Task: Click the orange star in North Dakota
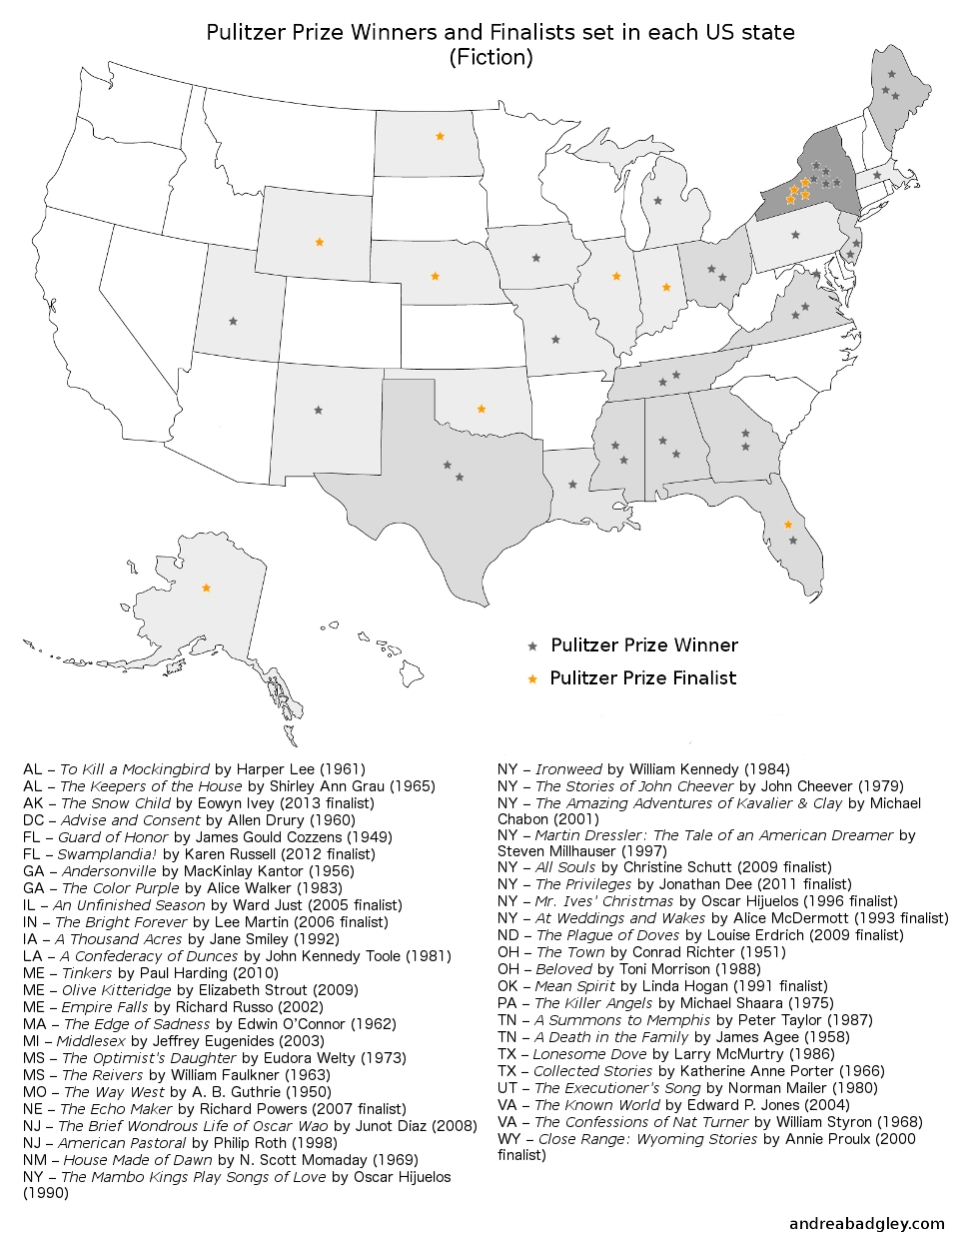point(440,136)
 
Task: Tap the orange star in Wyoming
point(320,242)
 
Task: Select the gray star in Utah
point(233,322)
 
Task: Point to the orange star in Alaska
point(207,589)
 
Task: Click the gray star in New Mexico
point(319,410)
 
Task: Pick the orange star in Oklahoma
point(482,409)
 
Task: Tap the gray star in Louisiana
point(572,485)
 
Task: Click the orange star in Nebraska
point(435,276)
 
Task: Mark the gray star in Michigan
point(657,201)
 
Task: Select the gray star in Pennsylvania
point(795,236)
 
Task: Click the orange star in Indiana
point(666,288)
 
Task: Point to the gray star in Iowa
point(536,258)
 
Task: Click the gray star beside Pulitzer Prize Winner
point(532,646)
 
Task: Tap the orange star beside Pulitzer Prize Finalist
point(532,679)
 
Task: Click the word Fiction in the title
point(490,57)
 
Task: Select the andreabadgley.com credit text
point(866,1223)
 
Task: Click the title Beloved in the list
point(564,969)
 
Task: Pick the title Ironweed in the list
point(568,769)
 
